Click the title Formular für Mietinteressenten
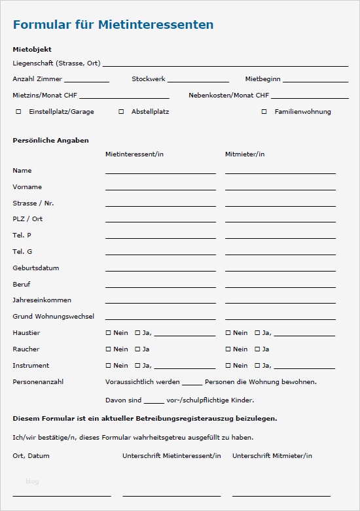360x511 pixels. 113,26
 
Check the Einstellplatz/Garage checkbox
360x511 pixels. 18,112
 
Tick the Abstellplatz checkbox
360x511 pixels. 121,112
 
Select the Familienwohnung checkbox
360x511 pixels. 264,112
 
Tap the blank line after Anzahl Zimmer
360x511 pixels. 86,80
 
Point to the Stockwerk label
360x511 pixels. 148,79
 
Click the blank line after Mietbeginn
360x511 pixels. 315,80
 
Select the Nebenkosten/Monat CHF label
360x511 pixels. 228,96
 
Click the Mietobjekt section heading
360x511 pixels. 32,50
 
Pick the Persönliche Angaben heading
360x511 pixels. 50,141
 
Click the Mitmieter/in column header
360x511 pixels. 245,154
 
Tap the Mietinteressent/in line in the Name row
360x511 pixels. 160,172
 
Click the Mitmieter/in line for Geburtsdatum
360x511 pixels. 280,270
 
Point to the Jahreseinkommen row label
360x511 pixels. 43,300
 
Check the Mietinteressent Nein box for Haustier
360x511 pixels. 109,333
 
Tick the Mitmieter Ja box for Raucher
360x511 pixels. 257,349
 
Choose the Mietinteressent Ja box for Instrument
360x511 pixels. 137,366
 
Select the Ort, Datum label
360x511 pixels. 31,456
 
